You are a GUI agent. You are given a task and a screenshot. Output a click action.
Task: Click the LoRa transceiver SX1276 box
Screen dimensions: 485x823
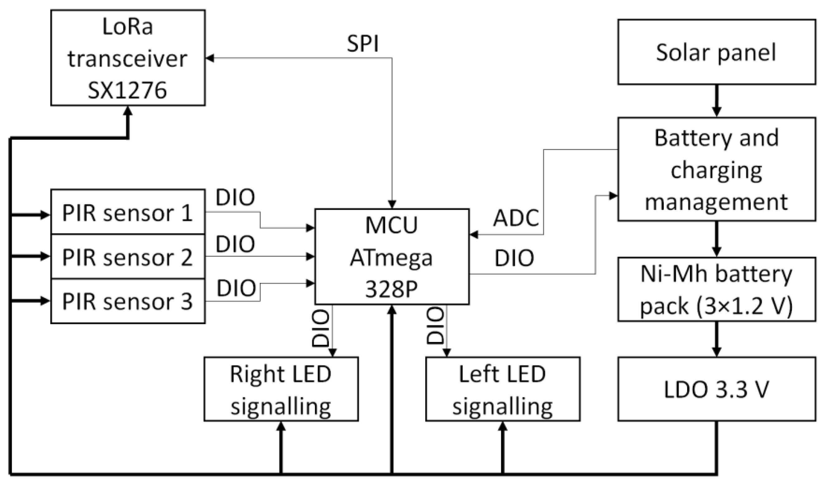coord(128,58)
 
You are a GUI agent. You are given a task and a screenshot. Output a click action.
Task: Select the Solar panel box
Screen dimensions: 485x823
coord(716,52)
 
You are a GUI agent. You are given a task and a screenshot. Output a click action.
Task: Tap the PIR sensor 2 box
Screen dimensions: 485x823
coord(128,257)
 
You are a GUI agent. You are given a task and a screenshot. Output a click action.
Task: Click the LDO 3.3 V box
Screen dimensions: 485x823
coord(716,389)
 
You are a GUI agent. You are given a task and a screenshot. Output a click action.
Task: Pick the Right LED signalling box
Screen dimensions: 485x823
coord(281,389)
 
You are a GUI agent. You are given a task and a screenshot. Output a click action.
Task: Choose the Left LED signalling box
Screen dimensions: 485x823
coord(503,389)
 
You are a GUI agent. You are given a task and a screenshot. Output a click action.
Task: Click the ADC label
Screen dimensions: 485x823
coord(516,218)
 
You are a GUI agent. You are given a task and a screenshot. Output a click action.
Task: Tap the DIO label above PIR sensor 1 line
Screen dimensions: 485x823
coord(235,197)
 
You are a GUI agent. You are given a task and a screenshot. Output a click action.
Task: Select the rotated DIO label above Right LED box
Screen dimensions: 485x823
coord(320,328)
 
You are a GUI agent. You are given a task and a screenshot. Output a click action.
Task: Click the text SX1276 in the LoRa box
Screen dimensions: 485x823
coord(127,90)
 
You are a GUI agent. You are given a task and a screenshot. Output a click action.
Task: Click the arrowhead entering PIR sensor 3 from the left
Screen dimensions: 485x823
coord(45,300)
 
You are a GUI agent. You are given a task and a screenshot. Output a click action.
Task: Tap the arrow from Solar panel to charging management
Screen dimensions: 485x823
coord(716,101)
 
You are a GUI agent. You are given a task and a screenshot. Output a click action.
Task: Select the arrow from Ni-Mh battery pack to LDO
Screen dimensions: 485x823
coord(716,340)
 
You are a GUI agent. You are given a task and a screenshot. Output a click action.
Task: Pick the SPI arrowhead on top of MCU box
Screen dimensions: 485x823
coord(392,204)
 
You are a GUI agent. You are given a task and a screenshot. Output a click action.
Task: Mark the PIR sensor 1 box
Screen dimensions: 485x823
coord(128,213)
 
